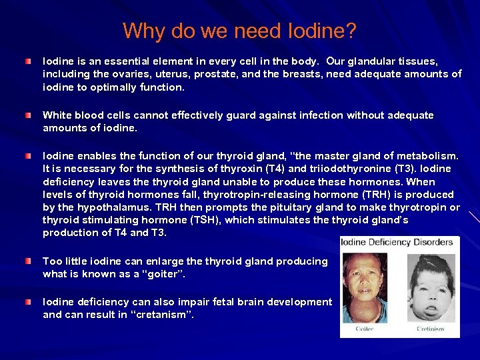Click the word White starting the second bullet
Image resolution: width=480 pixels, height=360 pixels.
pos(57,115)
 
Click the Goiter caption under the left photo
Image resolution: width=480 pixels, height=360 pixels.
pos(365,329)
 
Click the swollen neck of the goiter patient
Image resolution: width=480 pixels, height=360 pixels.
pos(370,308)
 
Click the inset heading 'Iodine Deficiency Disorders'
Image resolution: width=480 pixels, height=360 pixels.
pos(397,241)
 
